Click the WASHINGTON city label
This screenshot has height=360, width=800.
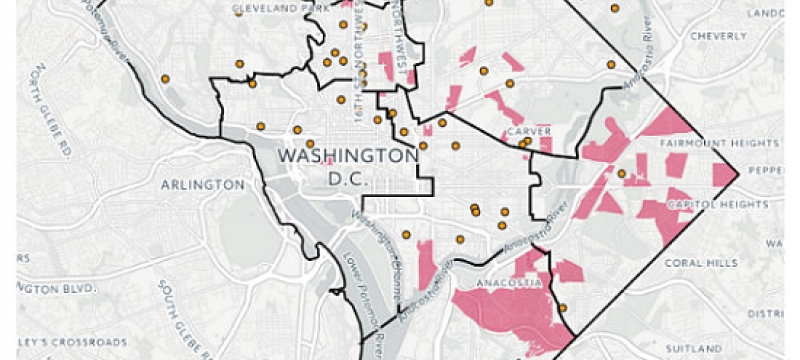[x=348, y=157]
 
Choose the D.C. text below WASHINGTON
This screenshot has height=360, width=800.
[x=348, y=180]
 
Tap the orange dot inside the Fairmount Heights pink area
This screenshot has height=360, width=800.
[x=621, y=174]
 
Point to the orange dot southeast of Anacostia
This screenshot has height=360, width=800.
[x=563, y=307]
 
